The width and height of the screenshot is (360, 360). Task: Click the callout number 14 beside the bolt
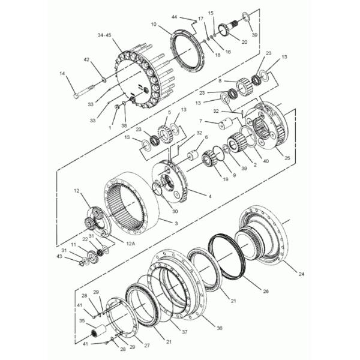click(62, 74)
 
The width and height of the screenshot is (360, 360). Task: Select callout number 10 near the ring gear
click(154, 25)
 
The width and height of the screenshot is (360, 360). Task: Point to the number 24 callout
click(301, 274)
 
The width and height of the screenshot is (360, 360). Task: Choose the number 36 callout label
click(219, 328)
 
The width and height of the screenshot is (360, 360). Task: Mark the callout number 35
click(82, 322)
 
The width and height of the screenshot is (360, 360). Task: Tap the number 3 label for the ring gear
click(176, 223)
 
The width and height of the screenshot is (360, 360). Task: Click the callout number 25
click(287, 158)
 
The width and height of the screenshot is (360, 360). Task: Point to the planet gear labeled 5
click(163, 130)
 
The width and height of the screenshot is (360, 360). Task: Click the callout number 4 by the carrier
click(209, 196)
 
